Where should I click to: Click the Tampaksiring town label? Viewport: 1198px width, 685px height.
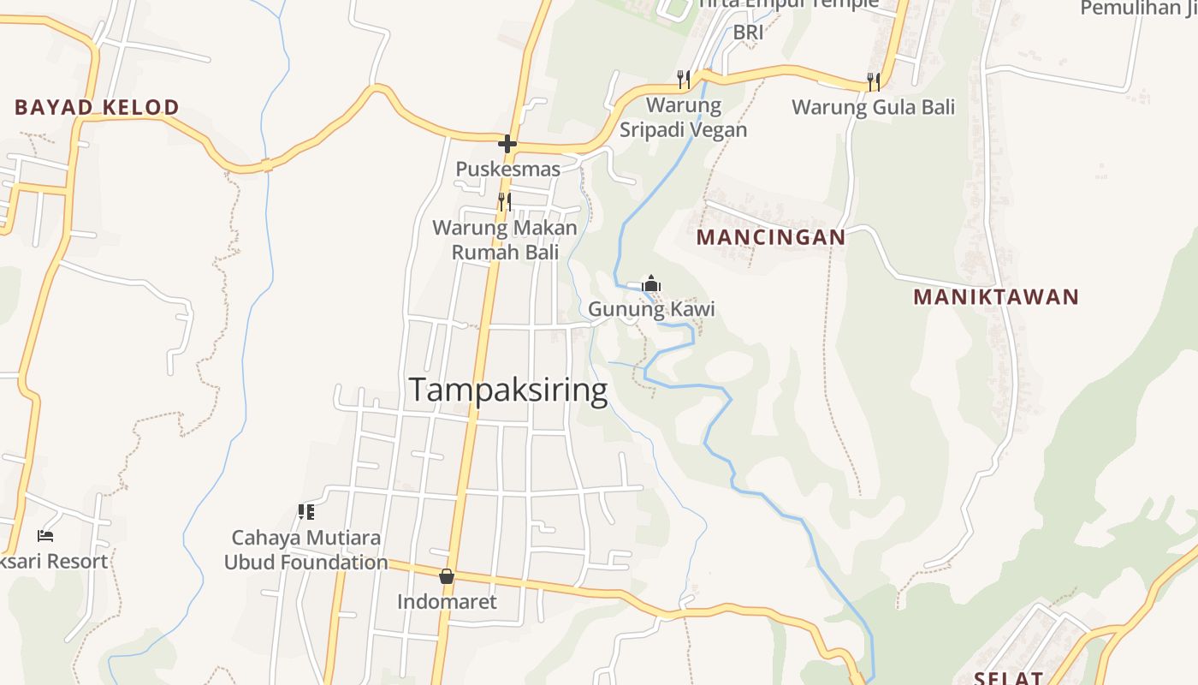pos(508,390)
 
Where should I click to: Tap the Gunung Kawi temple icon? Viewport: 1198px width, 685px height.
pos(651,283)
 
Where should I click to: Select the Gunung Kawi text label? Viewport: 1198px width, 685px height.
pos(651,309)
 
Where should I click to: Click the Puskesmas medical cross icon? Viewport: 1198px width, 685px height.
pos(507,143)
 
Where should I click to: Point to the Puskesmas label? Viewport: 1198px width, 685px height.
pos(507,169)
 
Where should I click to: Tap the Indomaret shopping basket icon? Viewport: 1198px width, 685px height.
pos(447,576)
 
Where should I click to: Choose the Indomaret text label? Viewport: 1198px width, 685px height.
pos(447,602)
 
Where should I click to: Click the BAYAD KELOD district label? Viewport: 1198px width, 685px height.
pos(97,107)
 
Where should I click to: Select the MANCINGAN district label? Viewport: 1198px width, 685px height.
pos(770,237)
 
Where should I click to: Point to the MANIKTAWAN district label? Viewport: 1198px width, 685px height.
pos(996,297)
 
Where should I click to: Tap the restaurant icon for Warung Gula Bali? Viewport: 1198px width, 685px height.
pos(874,81)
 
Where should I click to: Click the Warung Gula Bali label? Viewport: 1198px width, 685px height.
pos(873,107)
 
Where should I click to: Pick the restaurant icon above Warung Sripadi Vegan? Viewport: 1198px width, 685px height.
pos(684,80)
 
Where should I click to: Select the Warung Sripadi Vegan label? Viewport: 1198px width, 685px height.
pos(683,117)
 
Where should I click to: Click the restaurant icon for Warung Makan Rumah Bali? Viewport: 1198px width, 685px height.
pos(505,202)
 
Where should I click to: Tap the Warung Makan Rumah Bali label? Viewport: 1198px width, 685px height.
pos(505,240)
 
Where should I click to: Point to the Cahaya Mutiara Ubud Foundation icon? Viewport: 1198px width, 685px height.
pos(305,512)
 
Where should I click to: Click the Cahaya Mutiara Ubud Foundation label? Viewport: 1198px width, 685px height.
pos(305,550)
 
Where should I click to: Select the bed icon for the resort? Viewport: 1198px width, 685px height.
pos(45,536)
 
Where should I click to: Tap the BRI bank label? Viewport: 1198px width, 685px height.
pos(748,32)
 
